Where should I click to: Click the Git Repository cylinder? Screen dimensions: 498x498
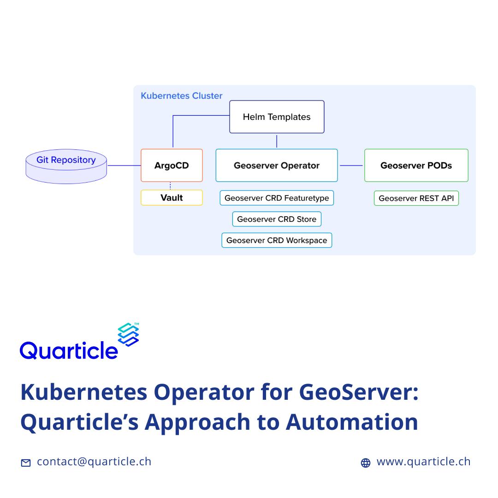pos(66,166)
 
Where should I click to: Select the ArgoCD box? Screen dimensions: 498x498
pos(172,166)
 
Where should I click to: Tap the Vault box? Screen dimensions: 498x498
pos(172,197)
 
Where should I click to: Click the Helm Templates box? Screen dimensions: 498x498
pos(277,117)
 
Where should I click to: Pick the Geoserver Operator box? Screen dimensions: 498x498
pos(277,166)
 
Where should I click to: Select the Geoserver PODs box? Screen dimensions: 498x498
pos(416,166)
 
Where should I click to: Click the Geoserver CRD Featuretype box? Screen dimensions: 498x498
pos(277,198)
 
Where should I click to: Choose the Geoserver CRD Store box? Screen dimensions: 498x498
pos(277,219)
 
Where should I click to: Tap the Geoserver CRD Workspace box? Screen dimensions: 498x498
pos(277,240)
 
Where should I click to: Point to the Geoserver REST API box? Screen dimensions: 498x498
pos(416,198)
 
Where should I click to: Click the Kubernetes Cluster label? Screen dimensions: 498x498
pos(181,95)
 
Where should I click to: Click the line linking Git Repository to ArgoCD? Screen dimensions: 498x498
pos(124,166)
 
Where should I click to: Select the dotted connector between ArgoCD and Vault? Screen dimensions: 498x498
pos(170,186)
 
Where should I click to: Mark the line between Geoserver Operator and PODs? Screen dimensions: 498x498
pos(351,166)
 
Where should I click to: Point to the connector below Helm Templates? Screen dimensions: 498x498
pos(277,142)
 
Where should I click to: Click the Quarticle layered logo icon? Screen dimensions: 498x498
pos(128,334)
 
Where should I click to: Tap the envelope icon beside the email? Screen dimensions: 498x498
pos(26,463)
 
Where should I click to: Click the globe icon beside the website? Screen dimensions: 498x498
pos(366,463)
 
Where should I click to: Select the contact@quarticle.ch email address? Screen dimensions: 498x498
pos(94,462)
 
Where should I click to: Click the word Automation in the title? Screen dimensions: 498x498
pos(351,422)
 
